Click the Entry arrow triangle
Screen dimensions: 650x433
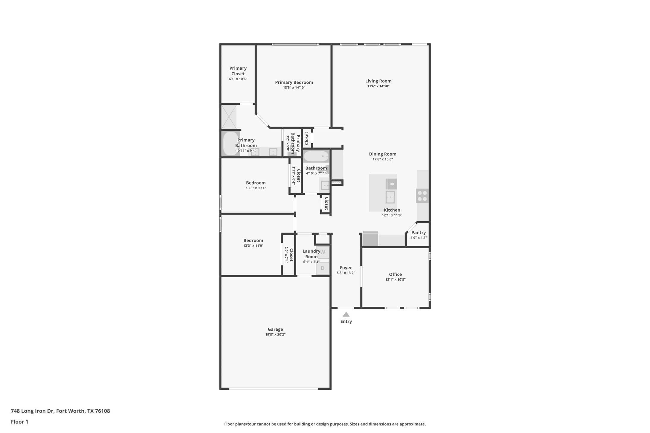coord(346,314)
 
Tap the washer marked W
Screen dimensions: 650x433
coord(323,252)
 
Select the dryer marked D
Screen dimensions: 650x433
coord(323,268)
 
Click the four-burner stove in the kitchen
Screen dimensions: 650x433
coord(422,196)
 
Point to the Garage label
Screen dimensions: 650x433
coord(275,329)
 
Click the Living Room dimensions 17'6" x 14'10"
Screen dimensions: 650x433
coord(378,86)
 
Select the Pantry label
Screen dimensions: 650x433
coord(418,232)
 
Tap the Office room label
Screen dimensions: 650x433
coord(395,274)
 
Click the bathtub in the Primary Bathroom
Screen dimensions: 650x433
coord(231,144)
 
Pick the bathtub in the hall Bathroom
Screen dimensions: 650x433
coord(316,156)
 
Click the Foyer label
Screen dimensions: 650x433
coord(346,268)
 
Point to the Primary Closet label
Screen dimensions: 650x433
coord(238,71)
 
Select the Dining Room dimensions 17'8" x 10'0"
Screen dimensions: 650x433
coord(382,159)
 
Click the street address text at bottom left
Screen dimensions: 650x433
coord(60,411)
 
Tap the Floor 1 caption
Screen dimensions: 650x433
coord(19,422)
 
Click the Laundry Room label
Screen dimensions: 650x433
coord(311,254)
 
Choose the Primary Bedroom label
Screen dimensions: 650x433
coord(294,82)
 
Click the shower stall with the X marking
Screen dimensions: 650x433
coord(229,117)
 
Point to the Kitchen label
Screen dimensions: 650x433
coord(392,210)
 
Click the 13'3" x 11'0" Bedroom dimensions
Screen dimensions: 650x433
coord(253,246)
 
